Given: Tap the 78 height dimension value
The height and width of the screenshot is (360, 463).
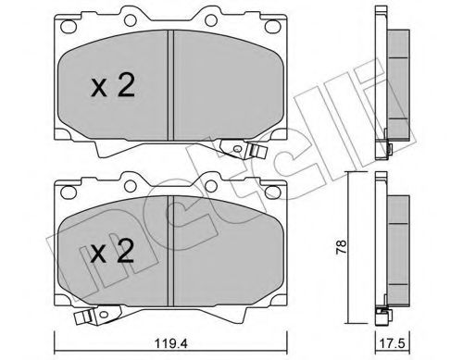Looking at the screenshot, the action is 342,247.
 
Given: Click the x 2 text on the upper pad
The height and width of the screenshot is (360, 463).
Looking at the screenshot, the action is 113,86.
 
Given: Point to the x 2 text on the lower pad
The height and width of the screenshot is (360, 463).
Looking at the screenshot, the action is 113,251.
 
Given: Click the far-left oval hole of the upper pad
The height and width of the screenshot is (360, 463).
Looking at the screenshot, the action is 69,26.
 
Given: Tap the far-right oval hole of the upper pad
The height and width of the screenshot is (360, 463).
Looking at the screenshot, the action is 272,26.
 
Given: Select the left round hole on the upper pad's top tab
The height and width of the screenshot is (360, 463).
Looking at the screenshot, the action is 130,20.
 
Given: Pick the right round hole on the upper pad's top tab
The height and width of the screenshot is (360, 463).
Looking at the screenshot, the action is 211,20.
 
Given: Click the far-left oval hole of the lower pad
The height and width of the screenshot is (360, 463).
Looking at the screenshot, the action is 69,192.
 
